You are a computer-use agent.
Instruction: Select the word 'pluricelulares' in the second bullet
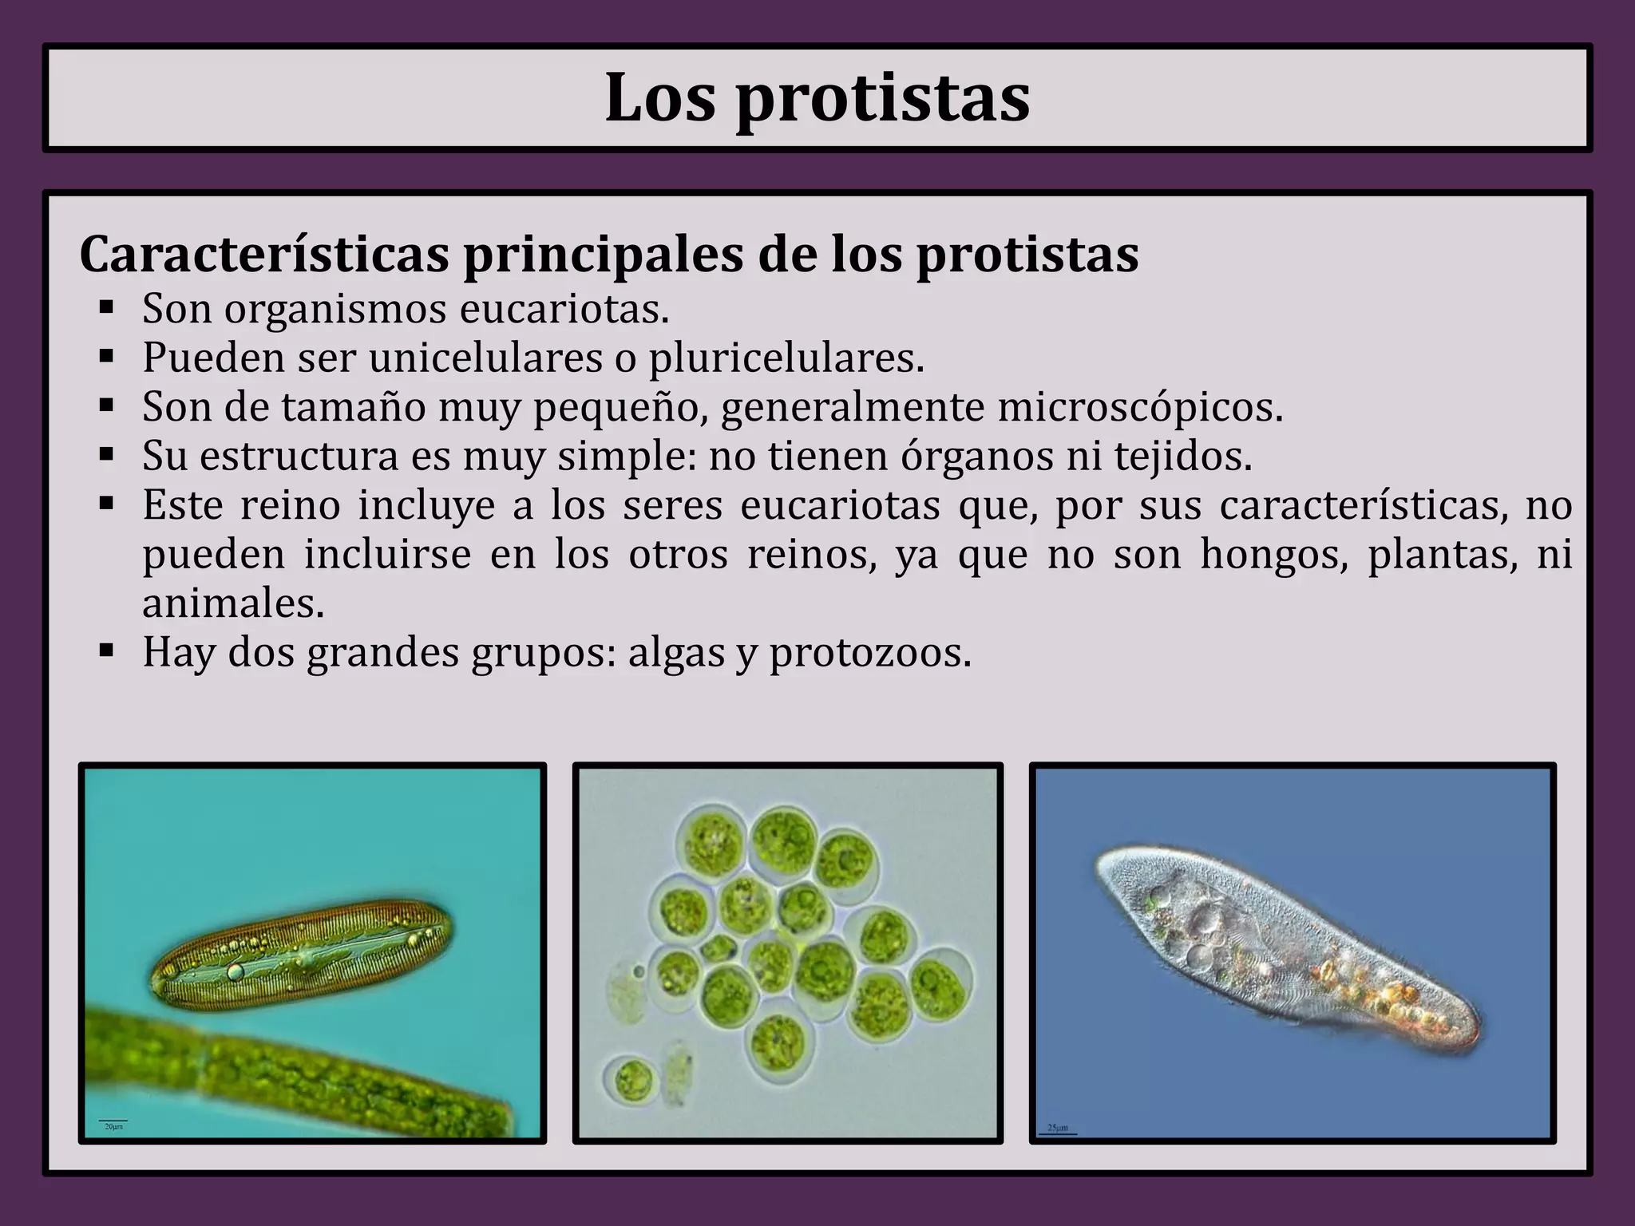(x=786, y=358)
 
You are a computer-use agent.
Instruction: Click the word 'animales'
(x=233, y=604)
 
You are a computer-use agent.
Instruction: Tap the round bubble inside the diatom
(x=236, y=971)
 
